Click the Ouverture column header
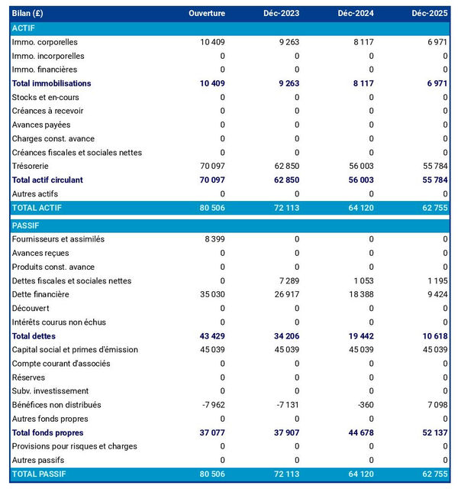(207, 14)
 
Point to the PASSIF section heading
(27, 225)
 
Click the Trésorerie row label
(34, 166)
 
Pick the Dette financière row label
(40, 294)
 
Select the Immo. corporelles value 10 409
(212, 42)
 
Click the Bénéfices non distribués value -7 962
(212, 405)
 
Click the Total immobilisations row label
(51, 83)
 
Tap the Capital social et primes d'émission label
(75, 349)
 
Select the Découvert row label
(32, 308)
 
